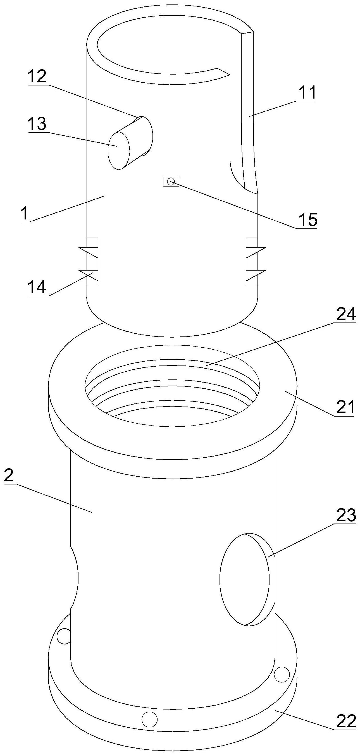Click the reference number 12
[x=37, y=77]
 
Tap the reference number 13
[x=37, y=124]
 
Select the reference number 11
[x=306, y=93]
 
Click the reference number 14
[x=37, y=287]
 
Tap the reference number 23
[x=346, y=515]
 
